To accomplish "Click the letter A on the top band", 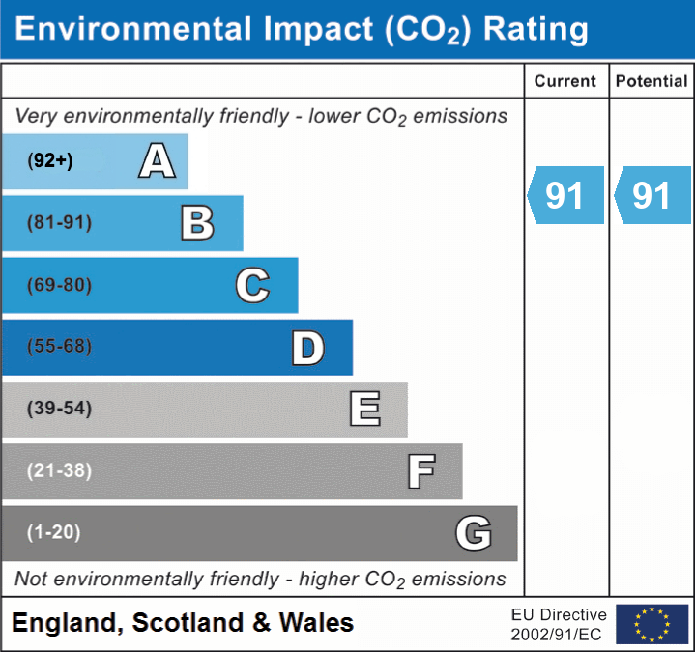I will coord(157,161).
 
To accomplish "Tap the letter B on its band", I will coord(197,223).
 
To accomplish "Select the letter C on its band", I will coord(252,286).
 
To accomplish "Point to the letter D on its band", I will coord(307,348).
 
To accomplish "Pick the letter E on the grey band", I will coord(364,410).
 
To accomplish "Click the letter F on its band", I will coord(420,471).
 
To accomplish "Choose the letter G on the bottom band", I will coord(474,533).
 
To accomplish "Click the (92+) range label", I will coord(50,161).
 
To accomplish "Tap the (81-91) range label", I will coord(59,223).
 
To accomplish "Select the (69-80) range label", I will coord(59,286).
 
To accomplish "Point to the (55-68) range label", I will coord(59,347).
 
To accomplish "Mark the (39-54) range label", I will coord(59,409).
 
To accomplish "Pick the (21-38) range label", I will coord(59,470).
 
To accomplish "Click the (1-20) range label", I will coord(54,532).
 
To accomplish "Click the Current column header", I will coord(565,82).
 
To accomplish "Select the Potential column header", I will coord(652,82).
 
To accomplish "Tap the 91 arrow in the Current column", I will coord(565,195).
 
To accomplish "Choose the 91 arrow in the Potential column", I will coord(652,195).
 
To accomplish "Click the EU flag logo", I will coord(652,624).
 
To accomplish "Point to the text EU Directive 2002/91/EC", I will coord(559,624).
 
